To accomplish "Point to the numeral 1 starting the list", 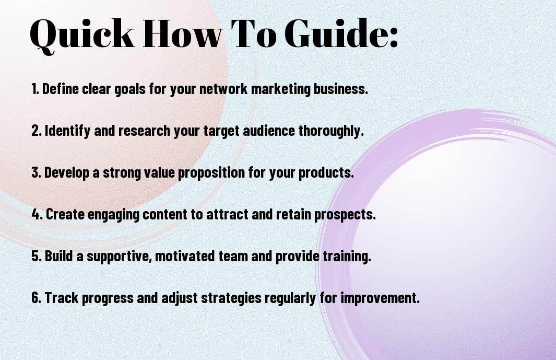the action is (x=33, y=89).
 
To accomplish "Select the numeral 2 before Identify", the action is (x=35, y=131).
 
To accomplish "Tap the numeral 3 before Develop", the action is (x=35, y=172).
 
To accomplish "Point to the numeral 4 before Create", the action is (x=36, y=214).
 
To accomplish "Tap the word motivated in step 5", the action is (x=185, y=256).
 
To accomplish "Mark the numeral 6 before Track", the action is (x=35, y=297).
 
